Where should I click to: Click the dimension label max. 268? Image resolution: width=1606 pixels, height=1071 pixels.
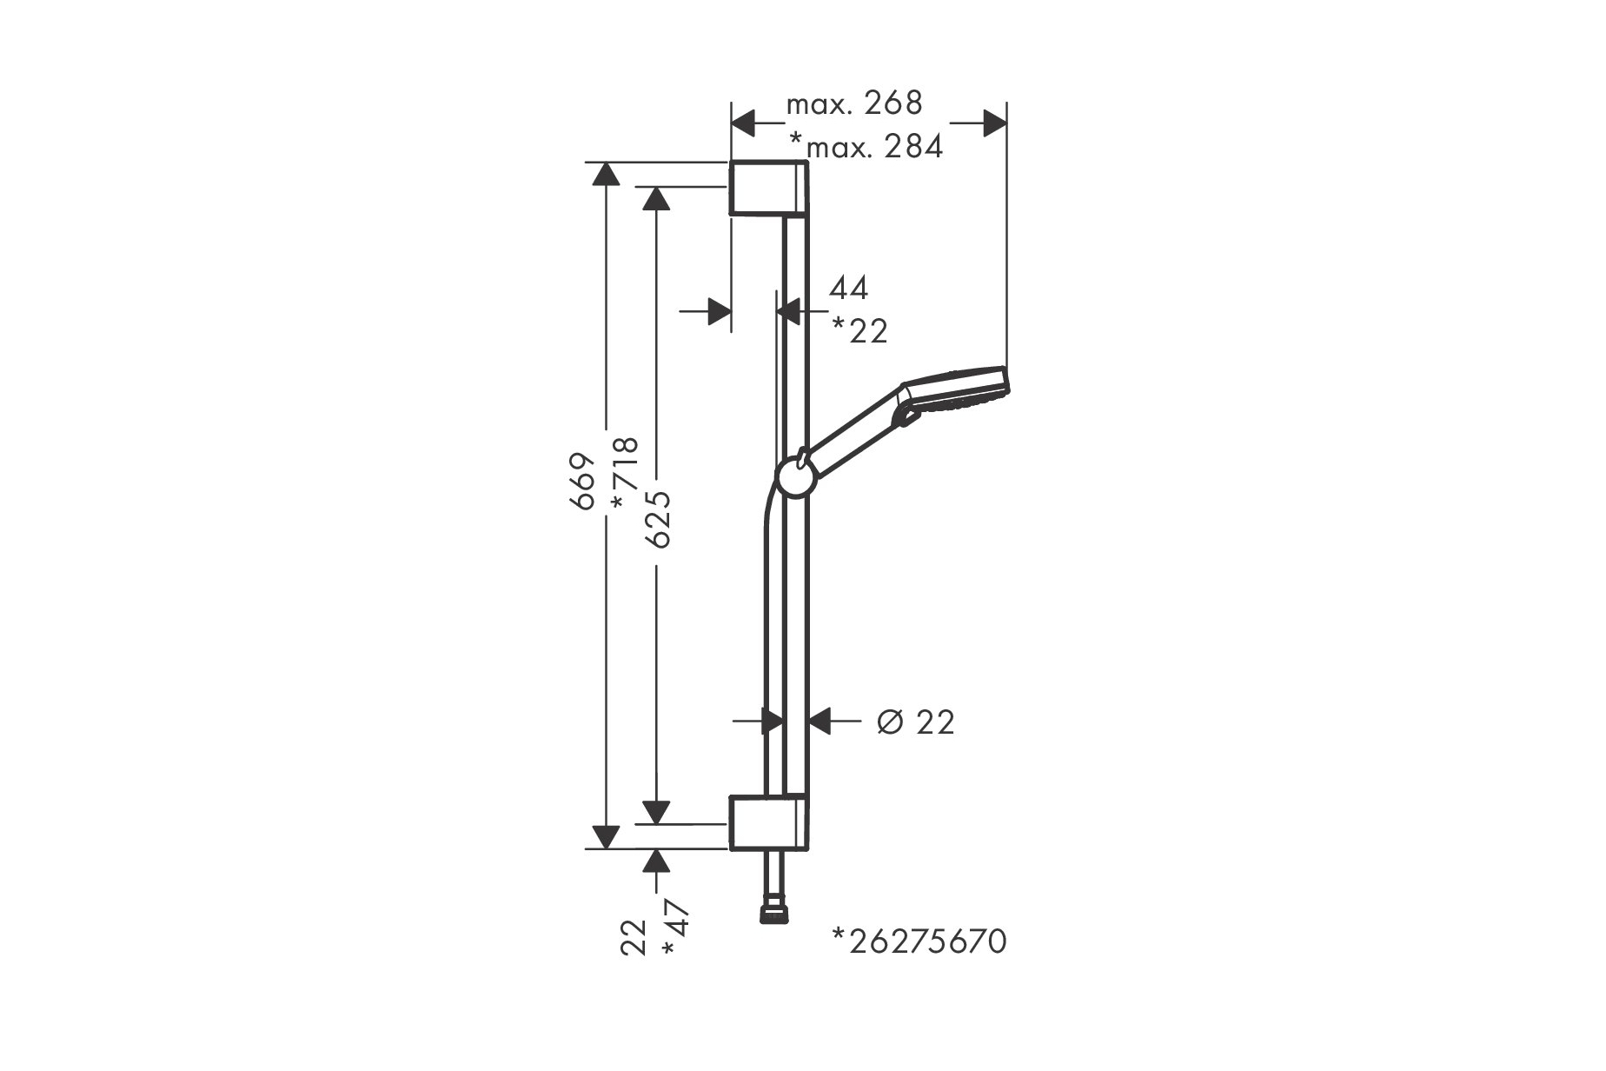click(x=853, y=103)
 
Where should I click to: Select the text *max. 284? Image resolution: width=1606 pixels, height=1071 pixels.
click(x=866, y=147)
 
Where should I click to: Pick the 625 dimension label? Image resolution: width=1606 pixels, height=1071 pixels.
click(x=659, y=518)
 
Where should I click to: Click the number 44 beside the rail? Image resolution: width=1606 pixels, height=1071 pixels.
click(x=848, y=289)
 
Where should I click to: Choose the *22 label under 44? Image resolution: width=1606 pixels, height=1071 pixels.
click(x=860, y=330)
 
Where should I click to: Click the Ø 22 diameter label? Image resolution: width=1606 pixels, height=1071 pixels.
click(x=916, y=722)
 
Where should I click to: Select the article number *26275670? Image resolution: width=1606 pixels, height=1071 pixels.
click(x=919, y=941)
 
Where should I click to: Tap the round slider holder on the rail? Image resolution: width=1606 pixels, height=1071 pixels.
click(x=795, y=478)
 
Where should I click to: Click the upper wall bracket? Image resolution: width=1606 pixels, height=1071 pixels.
click(x=770, y=187)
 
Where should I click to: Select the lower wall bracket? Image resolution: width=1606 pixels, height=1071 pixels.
click(x=770, y=821)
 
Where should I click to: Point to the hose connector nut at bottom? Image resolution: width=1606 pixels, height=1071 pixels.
click(x=770, y=914)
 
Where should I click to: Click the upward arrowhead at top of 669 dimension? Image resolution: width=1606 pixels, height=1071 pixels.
click(x=605, y=174)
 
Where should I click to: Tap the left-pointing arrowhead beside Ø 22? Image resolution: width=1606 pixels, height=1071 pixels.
click(x=821, y=721)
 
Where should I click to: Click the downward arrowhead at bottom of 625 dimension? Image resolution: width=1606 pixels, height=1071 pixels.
click(x=657, y=811)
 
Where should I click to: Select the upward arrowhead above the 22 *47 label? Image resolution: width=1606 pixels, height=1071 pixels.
click(x=657, y=861)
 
